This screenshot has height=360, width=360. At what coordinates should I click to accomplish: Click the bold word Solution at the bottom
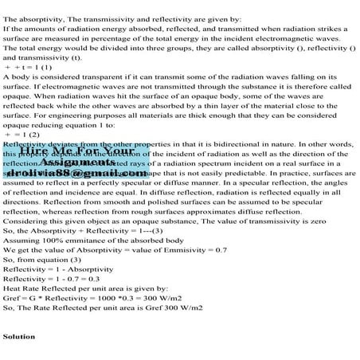click(19, 337)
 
